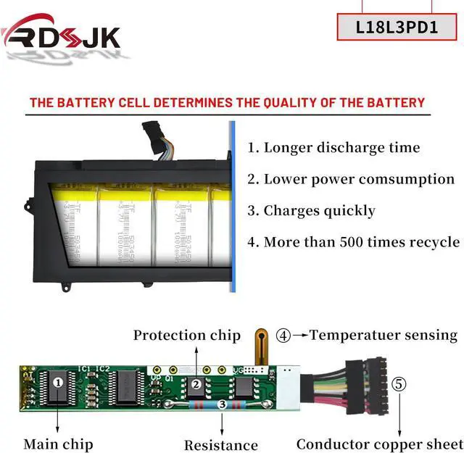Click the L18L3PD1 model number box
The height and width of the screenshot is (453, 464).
tap(397, 27)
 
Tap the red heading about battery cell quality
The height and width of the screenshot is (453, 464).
tap(227, 102)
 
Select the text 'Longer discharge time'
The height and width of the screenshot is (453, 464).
tap(341, 148)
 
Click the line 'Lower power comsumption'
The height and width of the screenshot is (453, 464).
tap(359, 179)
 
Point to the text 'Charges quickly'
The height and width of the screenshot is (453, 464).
tap(319, 211)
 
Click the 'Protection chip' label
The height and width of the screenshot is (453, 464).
tap(186, 336)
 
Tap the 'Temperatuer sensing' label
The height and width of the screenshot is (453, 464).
tap(384, 335)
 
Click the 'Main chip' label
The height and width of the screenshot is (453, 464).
tap(58, 444)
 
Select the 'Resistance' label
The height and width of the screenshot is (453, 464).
tap(220, 445)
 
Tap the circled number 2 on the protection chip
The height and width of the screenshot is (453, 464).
tap(195, 384)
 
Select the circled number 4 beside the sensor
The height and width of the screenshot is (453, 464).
tap(283, 336)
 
